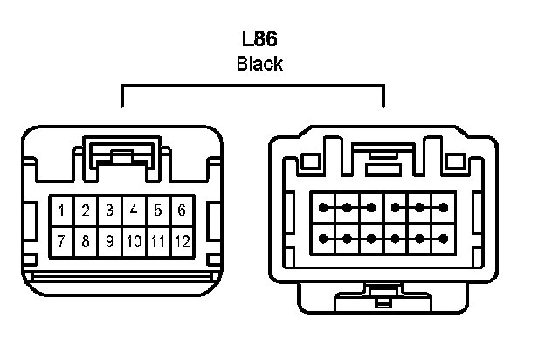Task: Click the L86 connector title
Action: pos(259,40)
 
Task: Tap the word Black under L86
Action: pos(259,65)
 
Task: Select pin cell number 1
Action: pos(62,211)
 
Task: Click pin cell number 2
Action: pos(86,211)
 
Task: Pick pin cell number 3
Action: pos(109,211)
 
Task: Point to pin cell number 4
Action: pos(133,211)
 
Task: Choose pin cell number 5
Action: pos(157,211)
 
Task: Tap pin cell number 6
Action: pos(181,211)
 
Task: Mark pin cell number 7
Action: pos(62,240)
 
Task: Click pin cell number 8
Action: pos(86,240)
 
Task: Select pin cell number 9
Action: pos(109,240)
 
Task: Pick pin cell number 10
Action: pos(133,240)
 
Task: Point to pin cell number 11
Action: pos(157,240)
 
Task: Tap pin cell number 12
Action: pos(181,240)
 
